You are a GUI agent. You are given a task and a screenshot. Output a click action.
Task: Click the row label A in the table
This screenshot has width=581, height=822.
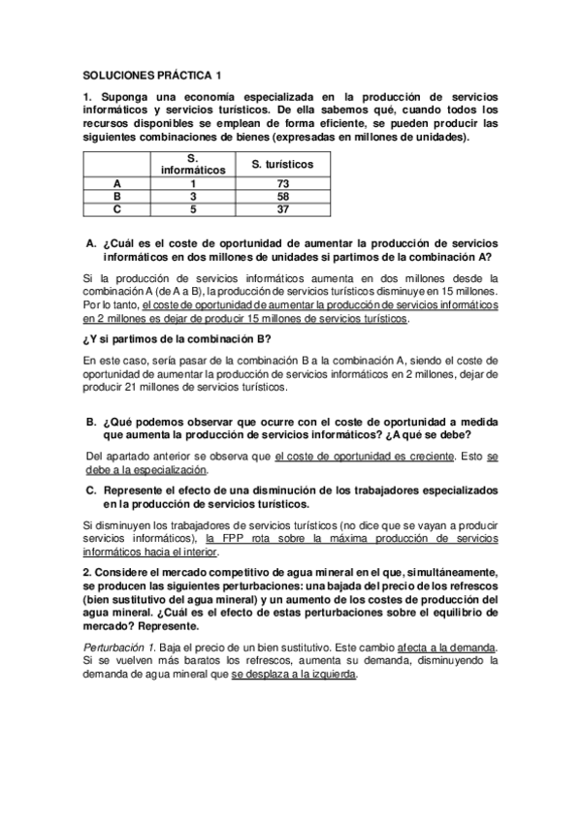[x=117, y=183]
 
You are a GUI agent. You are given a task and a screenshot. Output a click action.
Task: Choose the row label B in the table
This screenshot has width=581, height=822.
[x=117, y=195]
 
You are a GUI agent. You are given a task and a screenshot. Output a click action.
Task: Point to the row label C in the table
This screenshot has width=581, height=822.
[x=117, y=207]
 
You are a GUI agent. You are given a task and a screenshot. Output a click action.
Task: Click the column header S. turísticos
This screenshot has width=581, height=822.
[x=282, y=165]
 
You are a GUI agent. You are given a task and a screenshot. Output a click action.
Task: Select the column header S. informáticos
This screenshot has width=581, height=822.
[x=193, y=164]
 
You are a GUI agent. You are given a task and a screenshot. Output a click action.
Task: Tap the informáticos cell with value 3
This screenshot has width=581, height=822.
[x=193, y=195]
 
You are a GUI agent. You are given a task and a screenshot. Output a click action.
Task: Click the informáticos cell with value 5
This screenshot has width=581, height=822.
[x=193, y=207]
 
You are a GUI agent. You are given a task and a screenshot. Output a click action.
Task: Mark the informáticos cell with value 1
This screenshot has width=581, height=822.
[x=193, y=183]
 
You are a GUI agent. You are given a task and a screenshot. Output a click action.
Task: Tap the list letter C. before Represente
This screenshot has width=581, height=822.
[x=91, y=490]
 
